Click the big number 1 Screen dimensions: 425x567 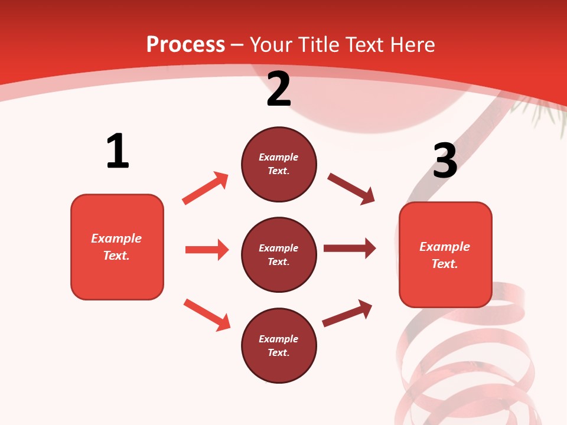pos(118,152)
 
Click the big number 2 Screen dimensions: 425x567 pos(279,89)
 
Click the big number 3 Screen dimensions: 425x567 pos(445,161)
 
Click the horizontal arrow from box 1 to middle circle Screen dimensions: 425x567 pos(207,250)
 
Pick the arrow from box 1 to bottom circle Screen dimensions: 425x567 pos(207,315)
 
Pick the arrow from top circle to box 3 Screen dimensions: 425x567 pos(351,189)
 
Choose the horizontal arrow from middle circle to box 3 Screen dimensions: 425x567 pos(350,249)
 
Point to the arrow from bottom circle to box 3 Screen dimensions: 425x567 pos(347,313)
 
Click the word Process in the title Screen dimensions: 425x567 pos(185,44)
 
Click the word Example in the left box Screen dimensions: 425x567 pos(116,238)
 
